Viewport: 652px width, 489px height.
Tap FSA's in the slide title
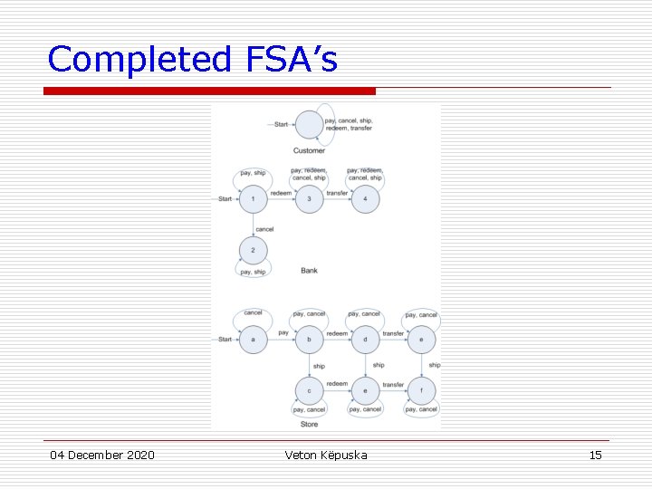point(291,60)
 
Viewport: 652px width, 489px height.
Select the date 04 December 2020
point(102,455)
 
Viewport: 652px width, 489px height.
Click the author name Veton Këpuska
point(326,455)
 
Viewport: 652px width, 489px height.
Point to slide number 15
point(595,455)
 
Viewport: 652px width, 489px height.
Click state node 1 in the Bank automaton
point(254,199)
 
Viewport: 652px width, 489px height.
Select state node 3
point(310,199)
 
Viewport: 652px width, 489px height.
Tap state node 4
point(365,199)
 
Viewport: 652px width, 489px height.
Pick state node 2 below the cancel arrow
point(254,250)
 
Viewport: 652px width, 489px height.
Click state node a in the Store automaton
point(254,340)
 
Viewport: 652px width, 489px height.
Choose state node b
point(310,340)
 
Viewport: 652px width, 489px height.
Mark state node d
point(365,340)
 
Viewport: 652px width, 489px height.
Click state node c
point(310,390)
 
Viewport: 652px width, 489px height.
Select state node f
point(421,390)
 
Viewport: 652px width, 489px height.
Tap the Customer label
point(309,150)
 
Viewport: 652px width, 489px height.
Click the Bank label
point(309,271)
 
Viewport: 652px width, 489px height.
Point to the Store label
point(309,424)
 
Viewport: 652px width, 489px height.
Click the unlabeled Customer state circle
point(309,124)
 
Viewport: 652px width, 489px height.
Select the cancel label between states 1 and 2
point(264,229)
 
